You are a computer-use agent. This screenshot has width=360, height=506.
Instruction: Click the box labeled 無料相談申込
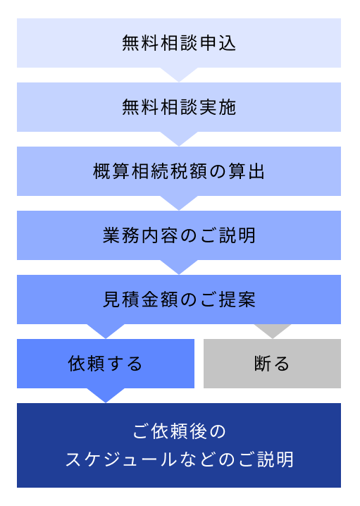point(179,43)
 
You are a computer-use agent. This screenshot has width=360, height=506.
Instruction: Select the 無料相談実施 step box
point(179,107)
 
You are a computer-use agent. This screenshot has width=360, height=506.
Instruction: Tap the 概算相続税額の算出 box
point(179,171)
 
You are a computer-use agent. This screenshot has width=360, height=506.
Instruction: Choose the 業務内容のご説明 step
point(179,235)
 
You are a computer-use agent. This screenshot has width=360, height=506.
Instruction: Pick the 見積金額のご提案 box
point(179,300)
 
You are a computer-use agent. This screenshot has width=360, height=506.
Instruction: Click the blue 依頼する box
point(106,364)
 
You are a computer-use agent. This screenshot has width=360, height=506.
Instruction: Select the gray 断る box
point(272,364)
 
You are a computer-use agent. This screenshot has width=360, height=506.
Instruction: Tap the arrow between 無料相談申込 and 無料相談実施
point(179,74)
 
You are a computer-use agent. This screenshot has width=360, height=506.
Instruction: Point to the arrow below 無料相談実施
point(179,138)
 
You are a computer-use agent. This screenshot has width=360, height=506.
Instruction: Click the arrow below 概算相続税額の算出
point(179,202)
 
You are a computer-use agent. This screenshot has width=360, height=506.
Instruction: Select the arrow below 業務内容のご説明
point(179,266)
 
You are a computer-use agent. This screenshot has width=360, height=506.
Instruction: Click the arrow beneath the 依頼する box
point(106,395)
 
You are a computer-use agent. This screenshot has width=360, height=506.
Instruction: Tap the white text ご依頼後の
point(179,431)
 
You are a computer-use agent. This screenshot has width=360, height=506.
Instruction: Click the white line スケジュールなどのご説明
point(179,459)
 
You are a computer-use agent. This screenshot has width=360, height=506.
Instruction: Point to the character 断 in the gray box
point(262,364)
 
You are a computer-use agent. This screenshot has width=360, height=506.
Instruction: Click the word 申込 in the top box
point(218,43)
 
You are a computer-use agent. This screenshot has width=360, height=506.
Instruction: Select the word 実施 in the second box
point(218,107)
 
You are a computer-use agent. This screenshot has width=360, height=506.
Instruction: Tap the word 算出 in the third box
point(247,171)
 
